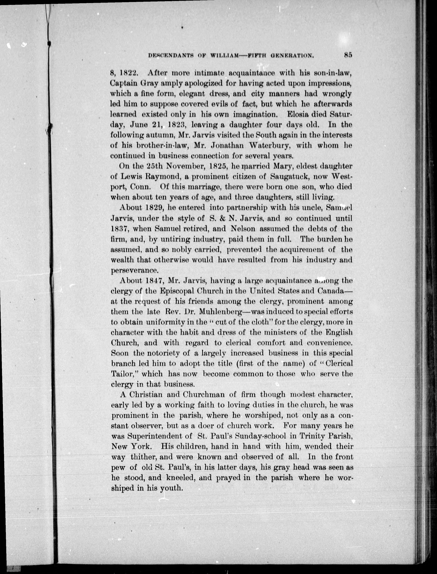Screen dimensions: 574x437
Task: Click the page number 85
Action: pyautogui.click(x=348, y=55)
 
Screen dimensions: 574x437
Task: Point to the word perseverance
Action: pyautogui.click(x=134, y=270)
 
